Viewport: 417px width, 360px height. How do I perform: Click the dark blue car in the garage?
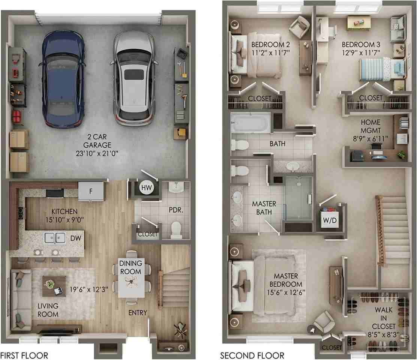63,79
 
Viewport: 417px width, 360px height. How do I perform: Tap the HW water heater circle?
146,188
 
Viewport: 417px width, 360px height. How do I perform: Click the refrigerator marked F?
91,191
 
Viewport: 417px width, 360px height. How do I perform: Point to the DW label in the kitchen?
76,238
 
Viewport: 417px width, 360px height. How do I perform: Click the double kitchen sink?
55,238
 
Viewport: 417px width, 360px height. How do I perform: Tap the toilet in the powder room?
176,229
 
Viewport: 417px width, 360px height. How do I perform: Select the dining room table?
132,277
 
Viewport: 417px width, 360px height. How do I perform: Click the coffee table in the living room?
54,286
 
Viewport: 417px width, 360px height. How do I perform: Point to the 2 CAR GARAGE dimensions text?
97,153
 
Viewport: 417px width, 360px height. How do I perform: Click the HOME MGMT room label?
371,126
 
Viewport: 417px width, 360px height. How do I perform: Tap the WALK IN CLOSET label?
384,318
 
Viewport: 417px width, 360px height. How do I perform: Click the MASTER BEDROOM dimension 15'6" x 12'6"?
286,292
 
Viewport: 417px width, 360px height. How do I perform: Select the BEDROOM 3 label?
361,45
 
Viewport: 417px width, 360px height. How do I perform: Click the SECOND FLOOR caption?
252,355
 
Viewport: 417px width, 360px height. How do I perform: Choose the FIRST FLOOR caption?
24,355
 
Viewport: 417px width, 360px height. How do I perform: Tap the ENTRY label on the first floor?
138,313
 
